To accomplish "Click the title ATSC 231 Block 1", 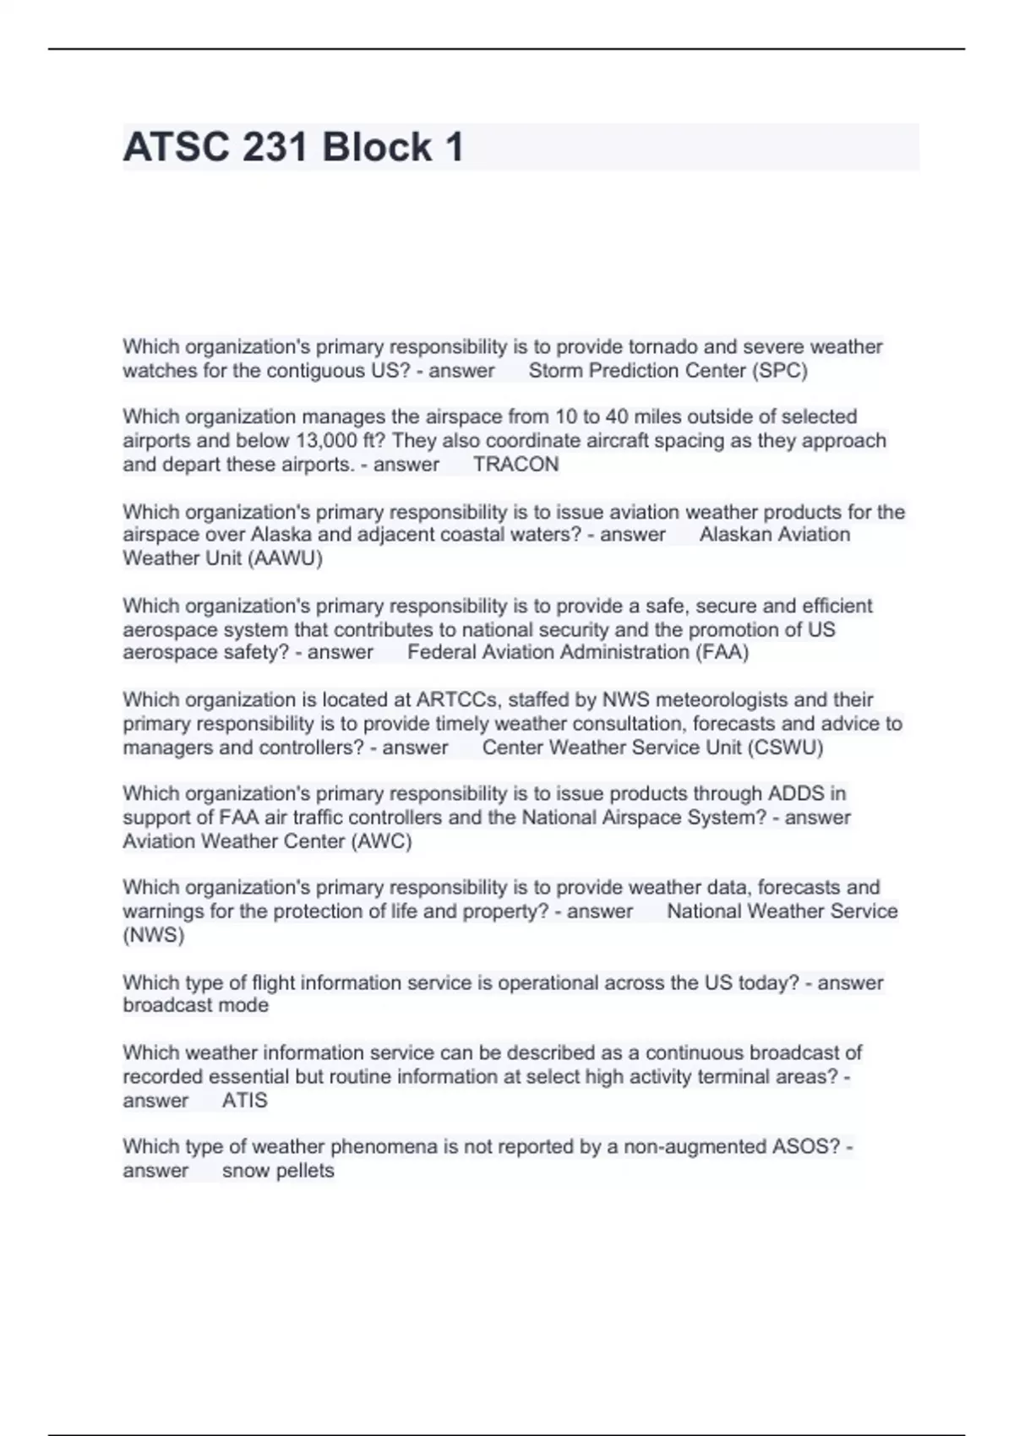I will click(x=293, y=148).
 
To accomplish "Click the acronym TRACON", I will click(x=515, y=465).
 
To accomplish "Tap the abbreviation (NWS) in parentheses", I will click(x=153, y=935).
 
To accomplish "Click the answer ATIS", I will click(x=244, y=1101).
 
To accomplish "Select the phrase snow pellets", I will click(x=278, y=1171).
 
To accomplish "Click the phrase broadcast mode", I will click(x=195, y=1005).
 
